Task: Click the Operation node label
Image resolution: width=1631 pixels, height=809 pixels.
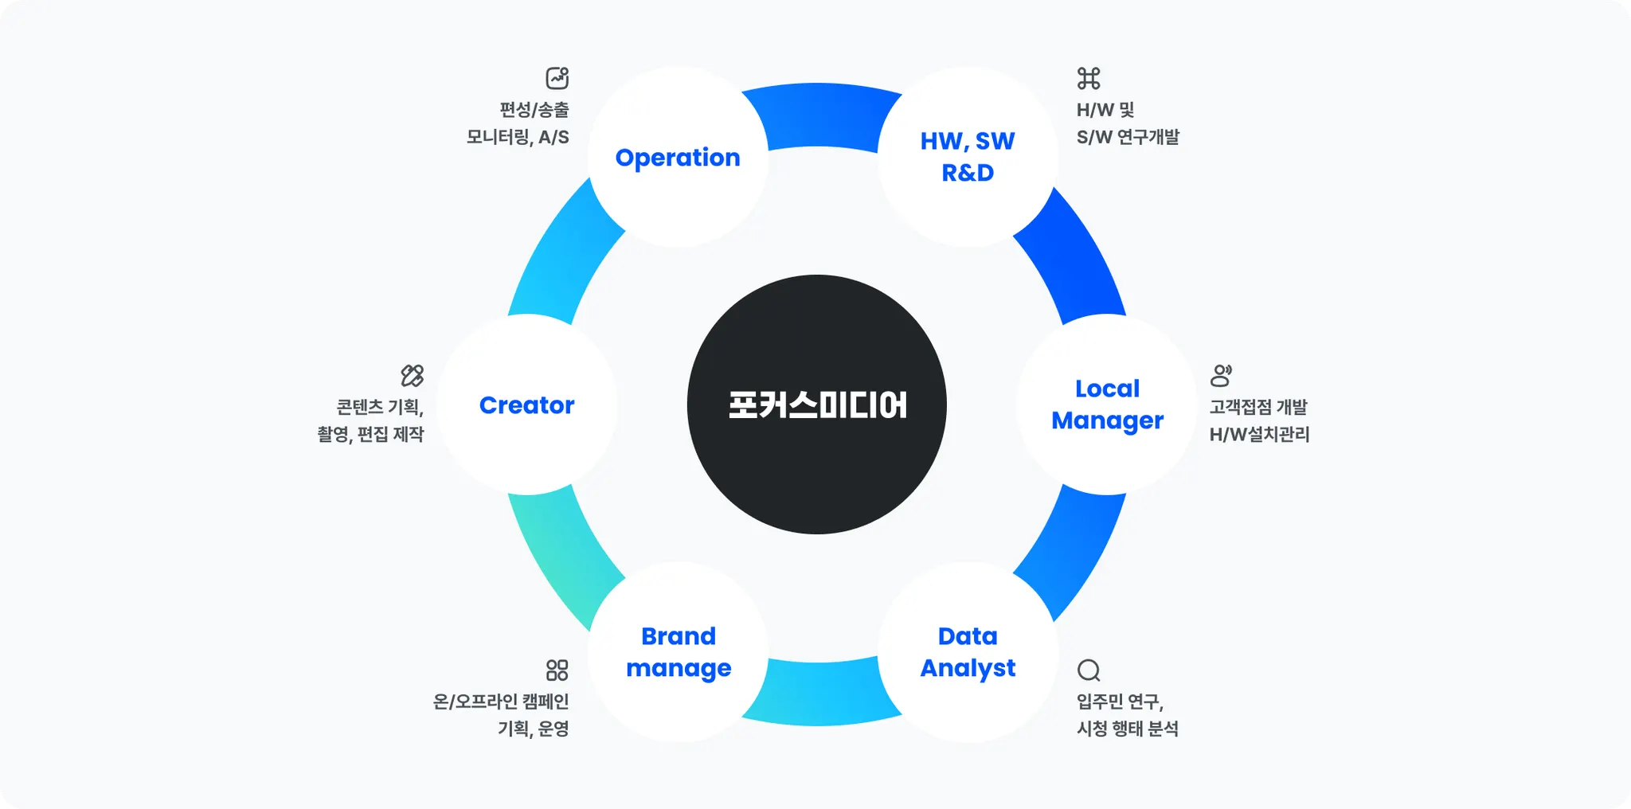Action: [678, 158]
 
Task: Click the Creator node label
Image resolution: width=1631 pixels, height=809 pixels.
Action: [526, 405]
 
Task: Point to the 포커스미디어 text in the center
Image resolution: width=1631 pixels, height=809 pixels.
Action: [817, 405]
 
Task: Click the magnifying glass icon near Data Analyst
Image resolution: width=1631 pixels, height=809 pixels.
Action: [1089, 670]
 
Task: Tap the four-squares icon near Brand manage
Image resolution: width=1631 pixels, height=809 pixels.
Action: [557, 670]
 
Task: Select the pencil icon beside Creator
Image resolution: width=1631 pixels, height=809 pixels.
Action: [413, 375]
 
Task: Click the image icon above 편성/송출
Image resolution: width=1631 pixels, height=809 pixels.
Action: [557, 78]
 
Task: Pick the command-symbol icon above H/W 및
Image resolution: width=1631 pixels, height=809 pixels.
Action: [1089, 78]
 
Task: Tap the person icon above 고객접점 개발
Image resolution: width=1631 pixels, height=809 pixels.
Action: [1221, 375]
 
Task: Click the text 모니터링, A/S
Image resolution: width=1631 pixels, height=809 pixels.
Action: [518, 138]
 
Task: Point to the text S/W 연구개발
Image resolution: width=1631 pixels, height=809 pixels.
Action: [1128, 138]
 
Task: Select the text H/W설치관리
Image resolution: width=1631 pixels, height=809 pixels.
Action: [1259, 435]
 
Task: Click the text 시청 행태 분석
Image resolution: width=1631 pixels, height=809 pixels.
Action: [1128, 729]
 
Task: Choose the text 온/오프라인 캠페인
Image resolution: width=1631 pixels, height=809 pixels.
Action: [501, 702]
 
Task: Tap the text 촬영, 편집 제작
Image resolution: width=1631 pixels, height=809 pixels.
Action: [370, 435]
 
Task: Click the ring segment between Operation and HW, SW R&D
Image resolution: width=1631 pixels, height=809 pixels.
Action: [820, 115]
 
